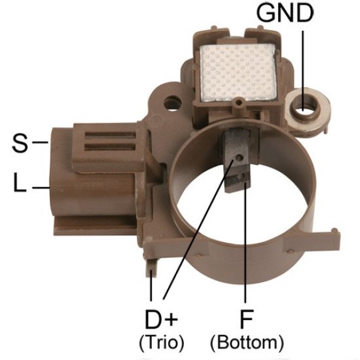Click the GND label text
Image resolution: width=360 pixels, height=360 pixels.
(285, 13)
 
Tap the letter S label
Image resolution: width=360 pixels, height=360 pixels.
(20, 143)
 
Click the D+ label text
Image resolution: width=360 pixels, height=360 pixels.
(161, 319)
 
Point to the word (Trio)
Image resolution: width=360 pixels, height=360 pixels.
(162, 342)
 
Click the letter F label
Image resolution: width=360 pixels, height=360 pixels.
(246, 319)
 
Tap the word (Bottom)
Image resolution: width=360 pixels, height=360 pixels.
(247, 342)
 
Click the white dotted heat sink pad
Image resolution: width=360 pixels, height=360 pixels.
(238, 72)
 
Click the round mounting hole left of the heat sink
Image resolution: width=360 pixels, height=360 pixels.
(173, 103)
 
